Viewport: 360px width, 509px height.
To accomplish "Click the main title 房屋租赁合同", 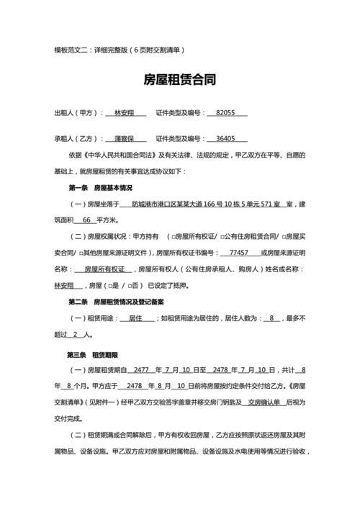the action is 180,80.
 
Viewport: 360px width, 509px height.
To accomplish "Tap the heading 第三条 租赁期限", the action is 92,355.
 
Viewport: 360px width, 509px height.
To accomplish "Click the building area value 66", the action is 87,220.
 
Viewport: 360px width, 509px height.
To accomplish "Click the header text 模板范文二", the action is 74,50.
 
